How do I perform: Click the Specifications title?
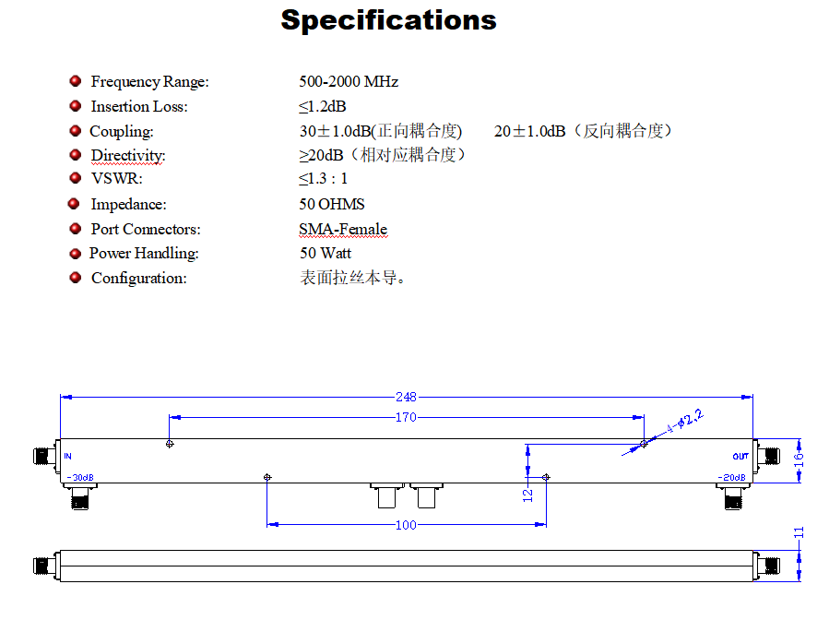pos(388,20)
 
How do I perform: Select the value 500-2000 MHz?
pos(349,82)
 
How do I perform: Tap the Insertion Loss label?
pos(138,107)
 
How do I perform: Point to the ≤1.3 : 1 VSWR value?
pos(323,179)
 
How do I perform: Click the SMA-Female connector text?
pos(342,229)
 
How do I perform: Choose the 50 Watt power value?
pos(325,253)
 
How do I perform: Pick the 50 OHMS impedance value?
pos(331,204)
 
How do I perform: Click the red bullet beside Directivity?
pos(75,155)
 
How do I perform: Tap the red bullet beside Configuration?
pos(75,278)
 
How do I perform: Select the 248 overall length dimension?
pos(406,397)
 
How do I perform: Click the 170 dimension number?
pos(406,418)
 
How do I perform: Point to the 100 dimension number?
pos(406,525)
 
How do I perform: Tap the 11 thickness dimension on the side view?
pos(799,532)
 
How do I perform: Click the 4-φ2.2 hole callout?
pos(683,423)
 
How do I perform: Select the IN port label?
pos(68,457)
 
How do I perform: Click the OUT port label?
pos(740,457)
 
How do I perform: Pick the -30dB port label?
pos(80,478)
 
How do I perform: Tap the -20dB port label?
pos(732,478)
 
